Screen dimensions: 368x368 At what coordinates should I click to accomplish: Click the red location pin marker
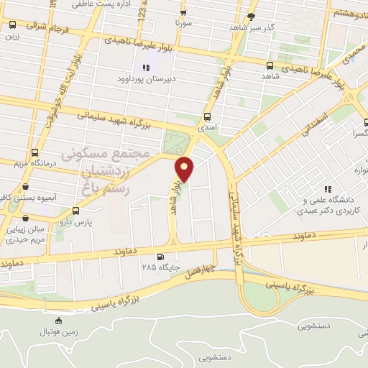185,168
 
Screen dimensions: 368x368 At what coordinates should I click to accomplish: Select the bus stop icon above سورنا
185,12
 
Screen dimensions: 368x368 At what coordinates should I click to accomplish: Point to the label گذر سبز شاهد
234,26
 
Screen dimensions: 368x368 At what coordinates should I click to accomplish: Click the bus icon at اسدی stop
208,116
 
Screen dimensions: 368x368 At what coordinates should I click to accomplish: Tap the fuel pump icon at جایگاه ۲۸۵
160,257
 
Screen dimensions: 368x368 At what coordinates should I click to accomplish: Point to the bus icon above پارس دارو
76,211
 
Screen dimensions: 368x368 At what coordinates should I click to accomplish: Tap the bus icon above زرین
11,24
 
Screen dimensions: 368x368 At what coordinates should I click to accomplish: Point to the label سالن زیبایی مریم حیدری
26,236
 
